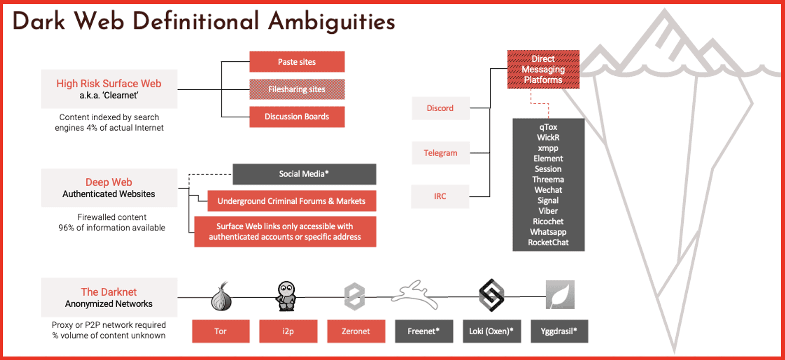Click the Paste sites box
297,62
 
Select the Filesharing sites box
297,89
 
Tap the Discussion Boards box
297,117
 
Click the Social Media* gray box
304,174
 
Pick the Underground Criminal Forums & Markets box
292,201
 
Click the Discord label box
440,108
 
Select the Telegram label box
440,153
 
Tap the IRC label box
440,196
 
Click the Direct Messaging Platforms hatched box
543,69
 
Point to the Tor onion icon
221,297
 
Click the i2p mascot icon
287,296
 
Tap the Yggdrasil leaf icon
560,295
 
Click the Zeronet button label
356,331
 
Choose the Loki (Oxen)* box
492,331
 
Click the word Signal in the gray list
548,200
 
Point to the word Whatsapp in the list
548,232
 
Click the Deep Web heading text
109,182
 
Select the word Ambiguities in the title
332,22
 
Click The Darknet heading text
109,292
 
